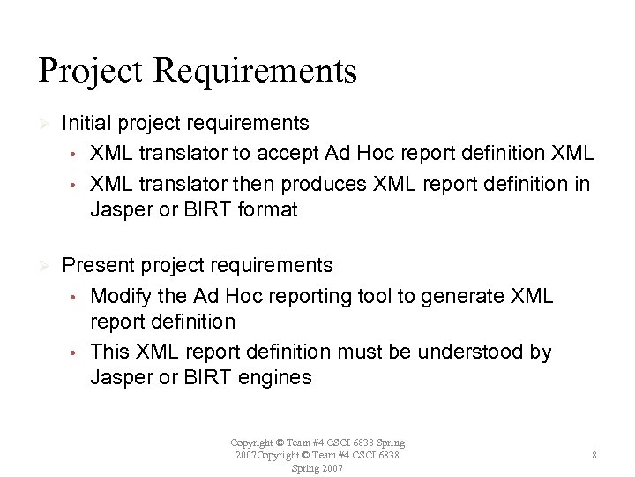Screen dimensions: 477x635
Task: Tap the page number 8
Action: pyautogui.click(x=595, y=455)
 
